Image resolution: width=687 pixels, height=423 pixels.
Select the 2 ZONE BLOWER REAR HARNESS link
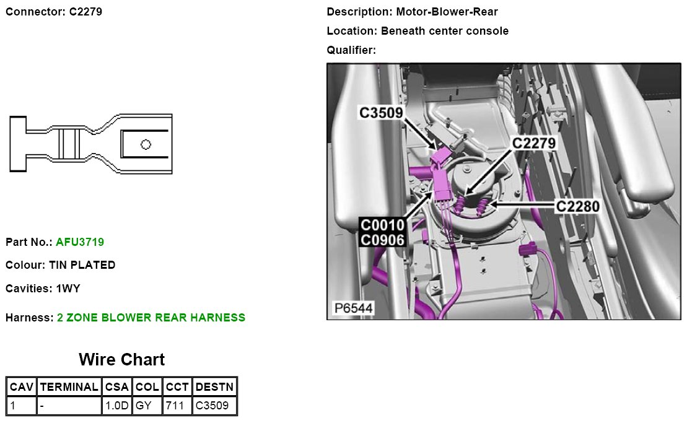(151, 318)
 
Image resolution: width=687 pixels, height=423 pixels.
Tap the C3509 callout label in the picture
(381, 113)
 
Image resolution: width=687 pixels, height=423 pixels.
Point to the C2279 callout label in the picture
(534, 144)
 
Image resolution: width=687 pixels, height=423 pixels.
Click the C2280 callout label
(577, 206)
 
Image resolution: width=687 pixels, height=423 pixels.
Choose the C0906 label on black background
(382, 240)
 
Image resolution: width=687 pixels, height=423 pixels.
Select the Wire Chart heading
(121, 360)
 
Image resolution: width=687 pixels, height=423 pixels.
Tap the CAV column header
(22, 387)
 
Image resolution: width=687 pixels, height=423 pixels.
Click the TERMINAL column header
(69, 387)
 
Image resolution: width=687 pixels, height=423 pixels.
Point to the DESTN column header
(214, 387)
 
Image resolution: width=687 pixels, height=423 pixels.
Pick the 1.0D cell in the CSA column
(116, 406)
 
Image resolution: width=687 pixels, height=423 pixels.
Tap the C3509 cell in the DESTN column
(212, 406)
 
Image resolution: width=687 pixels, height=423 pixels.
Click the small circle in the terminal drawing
(146, 144)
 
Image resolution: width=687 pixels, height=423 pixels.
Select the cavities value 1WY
(68, 289)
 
